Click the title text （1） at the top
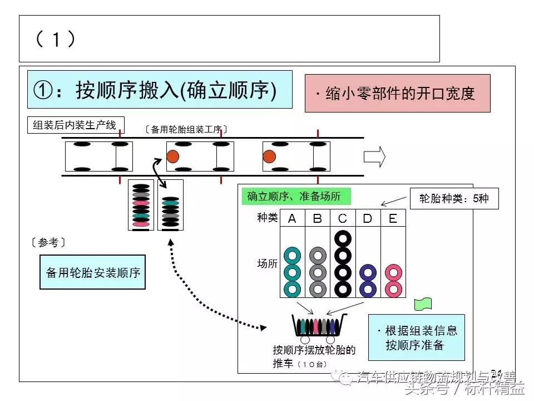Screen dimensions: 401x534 55,38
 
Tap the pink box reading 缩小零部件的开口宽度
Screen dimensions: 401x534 397,94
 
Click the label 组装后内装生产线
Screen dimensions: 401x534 75,125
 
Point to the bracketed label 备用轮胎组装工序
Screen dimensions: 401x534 186,129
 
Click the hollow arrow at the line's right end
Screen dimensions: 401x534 374,157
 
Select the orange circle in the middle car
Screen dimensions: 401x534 172,157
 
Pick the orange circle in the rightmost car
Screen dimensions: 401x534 269,157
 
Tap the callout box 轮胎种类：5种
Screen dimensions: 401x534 454,198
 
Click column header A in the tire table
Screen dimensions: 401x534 292,219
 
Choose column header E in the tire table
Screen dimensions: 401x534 393,219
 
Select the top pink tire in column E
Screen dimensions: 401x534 393,273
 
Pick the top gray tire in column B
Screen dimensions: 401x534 317,256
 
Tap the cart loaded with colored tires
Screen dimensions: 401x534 318,326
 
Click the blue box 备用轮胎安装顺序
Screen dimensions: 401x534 92,272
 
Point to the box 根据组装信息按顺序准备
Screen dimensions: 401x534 416,338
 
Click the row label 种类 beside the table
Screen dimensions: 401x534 267,218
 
